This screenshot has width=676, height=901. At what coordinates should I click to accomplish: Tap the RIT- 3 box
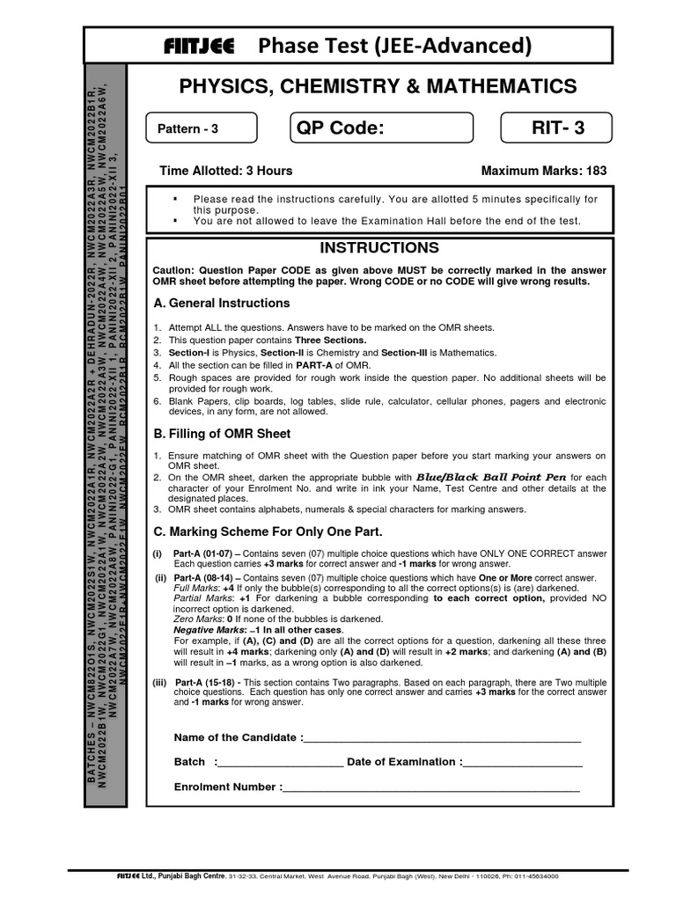point(558,128)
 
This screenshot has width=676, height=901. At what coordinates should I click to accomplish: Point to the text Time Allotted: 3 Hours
point(225,171)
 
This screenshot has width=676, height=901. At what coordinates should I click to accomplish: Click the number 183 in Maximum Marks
point(595,171)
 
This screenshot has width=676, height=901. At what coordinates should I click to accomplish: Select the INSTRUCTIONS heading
point(378,248)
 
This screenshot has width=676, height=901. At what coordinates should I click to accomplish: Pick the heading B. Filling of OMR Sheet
point(222,434)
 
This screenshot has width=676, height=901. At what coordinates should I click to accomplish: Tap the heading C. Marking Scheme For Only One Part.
point(268,531)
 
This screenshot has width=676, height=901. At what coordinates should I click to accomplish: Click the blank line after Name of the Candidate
point(442,739)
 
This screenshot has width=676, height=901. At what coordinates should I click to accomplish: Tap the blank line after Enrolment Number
point(430,788)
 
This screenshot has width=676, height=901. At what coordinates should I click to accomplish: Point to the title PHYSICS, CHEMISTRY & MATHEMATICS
point(378,86)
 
